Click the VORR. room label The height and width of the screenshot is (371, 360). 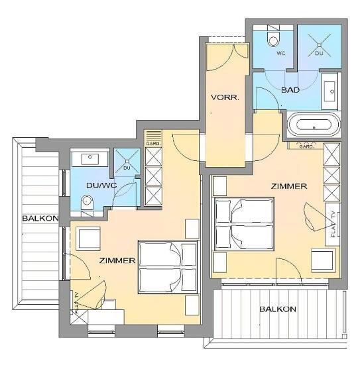225,97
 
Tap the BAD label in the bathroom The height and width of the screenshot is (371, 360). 290,90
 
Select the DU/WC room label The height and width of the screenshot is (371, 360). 101,185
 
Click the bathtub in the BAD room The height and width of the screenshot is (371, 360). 314,125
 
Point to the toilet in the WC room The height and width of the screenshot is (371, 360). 273,38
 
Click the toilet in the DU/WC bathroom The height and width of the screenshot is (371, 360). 87,203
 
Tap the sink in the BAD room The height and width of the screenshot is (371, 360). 330,91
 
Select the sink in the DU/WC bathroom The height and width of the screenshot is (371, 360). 90,159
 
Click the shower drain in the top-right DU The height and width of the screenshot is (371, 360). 320,45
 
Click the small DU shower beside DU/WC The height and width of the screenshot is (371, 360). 127,162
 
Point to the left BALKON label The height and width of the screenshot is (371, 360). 40,218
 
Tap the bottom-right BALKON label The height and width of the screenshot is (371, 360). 278,309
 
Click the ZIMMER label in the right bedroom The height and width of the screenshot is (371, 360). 288,186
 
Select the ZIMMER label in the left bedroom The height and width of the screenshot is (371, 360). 117,260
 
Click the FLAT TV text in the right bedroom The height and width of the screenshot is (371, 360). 333,224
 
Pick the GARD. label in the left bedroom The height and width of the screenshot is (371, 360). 153,144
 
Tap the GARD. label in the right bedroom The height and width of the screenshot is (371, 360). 306,146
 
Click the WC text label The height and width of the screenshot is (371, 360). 280,53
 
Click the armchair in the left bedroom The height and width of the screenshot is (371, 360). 88,238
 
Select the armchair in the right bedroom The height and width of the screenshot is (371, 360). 324,260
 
